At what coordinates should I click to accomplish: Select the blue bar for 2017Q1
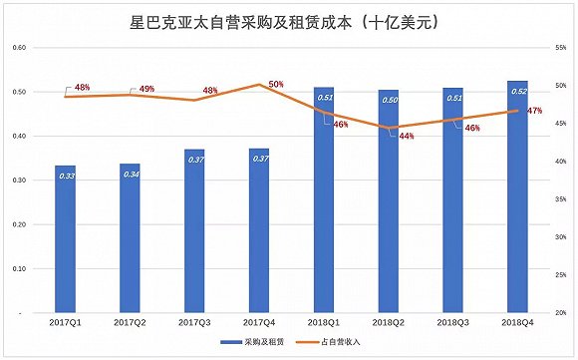[x=65, y=239]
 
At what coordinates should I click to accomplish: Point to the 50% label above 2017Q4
[x=276, y=85]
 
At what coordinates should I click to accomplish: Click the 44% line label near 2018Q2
[x=407, y=136]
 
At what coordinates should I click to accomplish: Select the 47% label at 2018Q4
[x=534, y=112]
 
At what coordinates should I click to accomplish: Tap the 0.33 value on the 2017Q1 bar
[x=66, y=176]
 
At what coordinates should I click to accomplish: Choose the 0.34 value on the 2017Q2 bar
[x=131, y=174]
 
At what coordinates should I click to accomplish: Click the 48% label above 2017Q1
[x=82, y=88]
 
